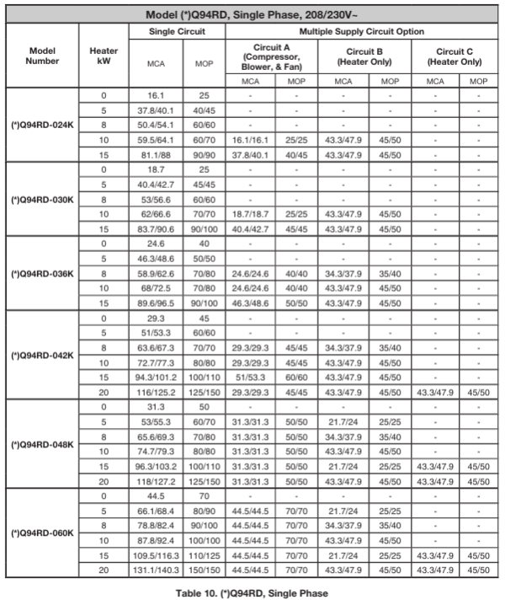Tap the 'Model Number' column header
coord(41,57)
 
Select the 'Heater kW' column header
coord(104,57)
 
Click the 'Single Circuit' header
coord(177,31)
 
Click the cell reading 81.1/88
coord(152,154)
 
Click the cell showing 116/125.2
coord(152,407)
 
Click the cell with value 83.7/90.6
coord(152,229)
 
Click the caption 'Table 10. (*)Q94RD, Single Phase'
coord(252,594)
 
